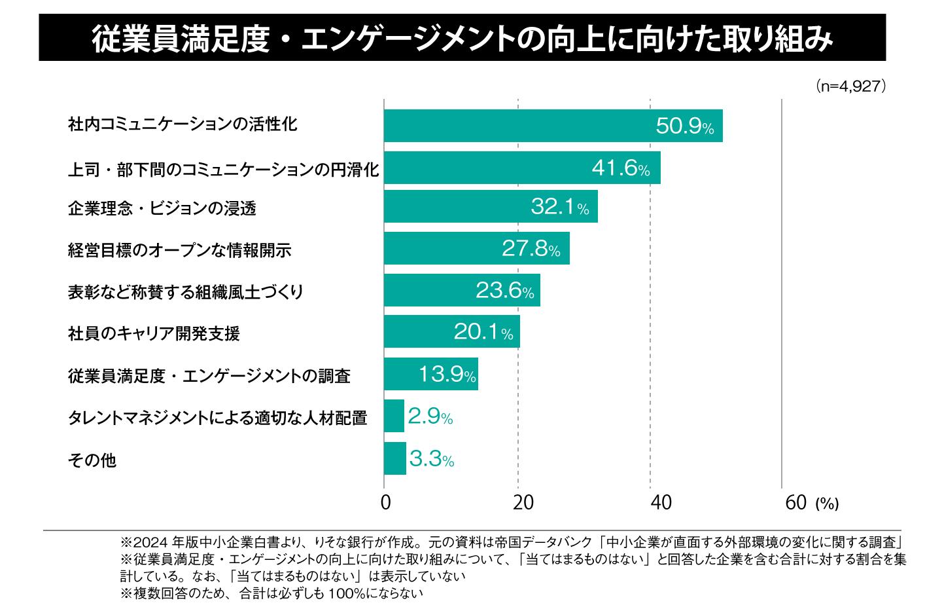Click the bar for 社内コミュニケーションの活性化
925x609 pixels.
[553, 126]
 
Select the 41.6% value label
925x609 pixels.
[620, 168]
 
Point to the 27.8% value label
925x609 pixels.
[531, 249]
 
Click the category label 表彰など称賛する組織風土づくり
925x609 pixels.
[186, 291]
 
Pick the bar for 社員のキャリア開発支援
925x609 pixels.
[451, 332]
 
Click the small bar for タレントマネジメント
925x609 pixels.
[394, 416]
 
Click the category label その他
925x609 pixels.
[92, 460]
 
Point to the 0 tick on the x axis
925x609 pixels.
[386, 502]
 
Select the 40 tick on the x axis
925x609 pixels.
[661, 502]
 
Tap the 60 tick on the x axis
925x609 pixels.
[796, 502]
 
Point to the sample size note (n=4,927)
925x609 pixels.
[850, 86]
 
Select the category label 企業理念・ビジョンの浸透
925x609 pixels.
[162, 208]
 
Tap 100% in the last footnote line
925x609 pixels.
[342, 593]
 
